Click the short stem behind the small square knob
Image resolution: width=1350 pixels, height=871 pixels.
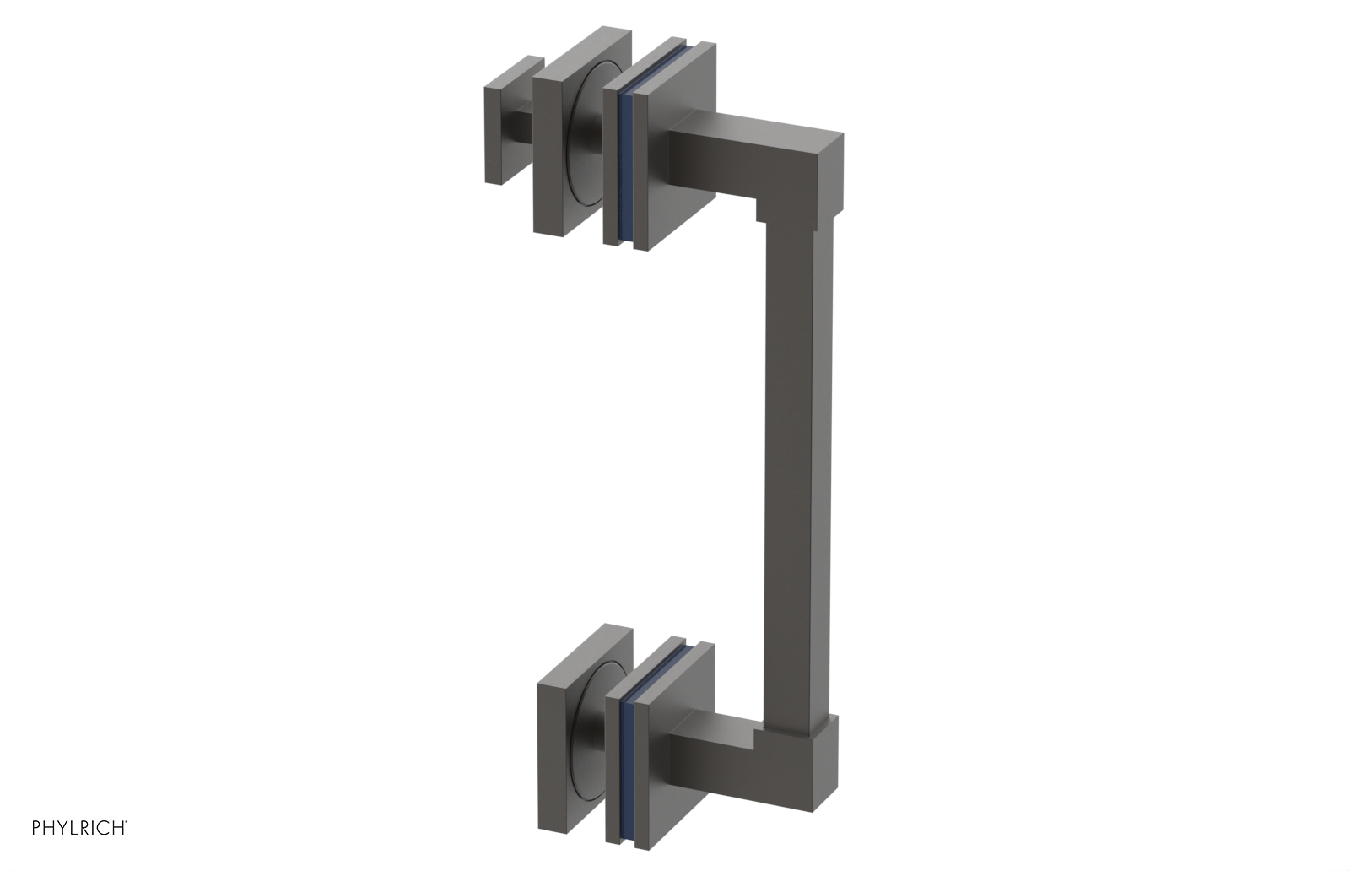(523, 127)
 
